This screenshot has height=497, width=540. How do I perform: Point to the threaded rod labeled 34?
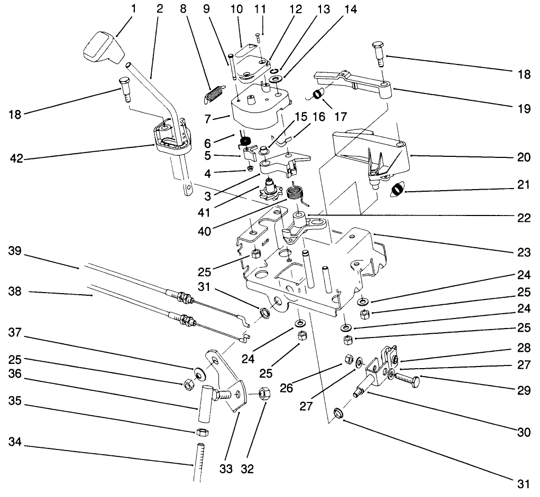click(x=200, y=462)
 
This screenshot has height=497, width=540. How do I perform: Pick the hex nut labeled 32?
click(x=265, y=395)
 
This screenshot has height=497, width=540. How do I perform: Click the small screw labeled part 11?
click(x=258, y=36)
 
